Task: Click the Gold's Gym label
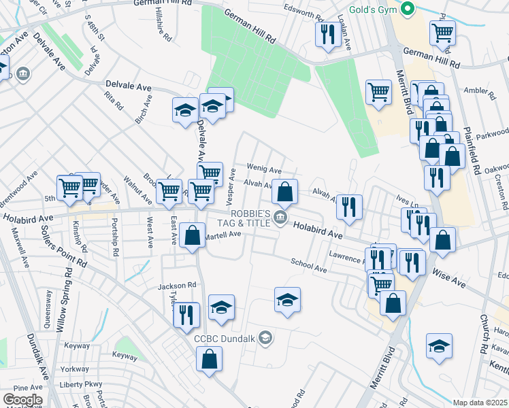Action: click(x=373, y=10)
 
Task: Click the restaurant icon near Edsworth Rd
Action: click(x=328, y=33)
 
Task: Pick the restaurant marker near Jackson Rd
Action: click(x=186, y=315)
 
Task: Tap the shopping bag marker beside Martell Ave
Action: click(x=193, y=236)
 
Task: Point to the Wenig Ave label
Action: click(x=264, y=170)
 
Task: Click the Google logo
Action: click(x=22, y=400)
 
